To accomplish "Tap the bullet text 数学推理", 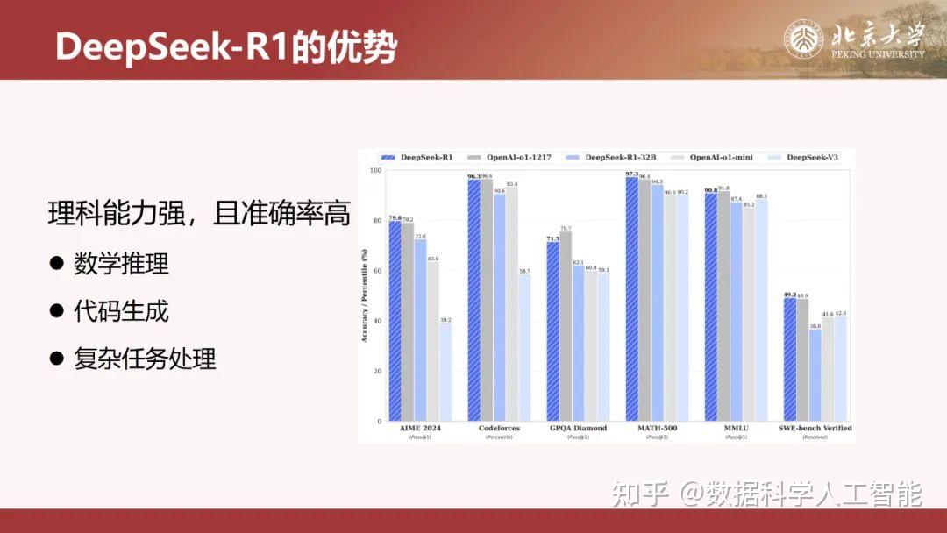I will pos(121,263).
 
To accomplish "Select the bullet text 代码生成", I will pos(121,310).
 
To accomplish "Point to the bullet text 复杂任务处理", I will pos(145,358).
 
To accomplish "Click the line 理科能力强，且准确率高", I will pos(199,213).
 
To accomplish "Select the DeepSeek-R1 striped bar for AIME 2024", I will pos(395,322).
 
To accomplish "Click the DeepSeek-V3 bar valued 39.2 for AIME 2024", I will pos(445,373).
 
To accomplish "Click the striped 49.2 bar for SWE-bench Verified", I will pos(789,359).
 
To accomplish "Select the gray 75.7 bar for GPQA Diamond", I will pos(566,326).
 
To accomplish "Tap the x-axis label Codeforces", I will pos(499,428).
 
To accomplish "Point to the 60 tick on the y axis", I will pos(378,271).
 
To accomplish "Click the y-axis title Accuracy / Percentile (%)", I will pos(365,295).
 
